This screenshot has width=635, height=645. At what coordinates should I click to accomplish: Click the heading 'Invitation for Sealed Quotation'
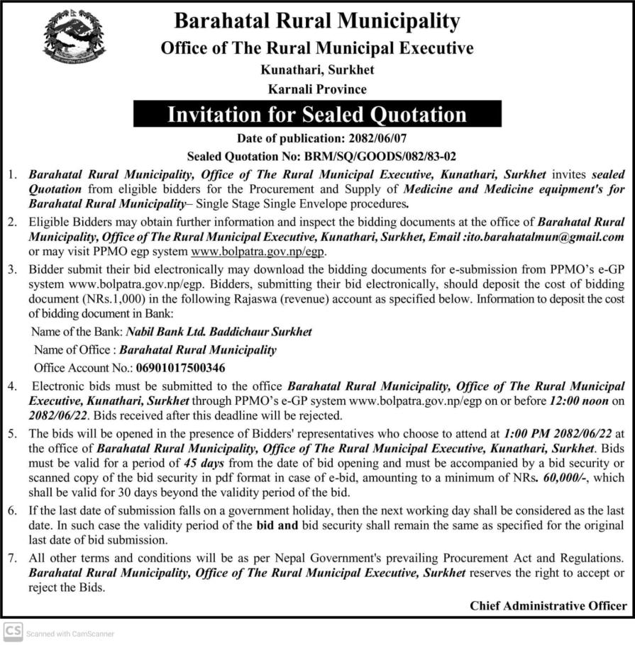tap(316, 115)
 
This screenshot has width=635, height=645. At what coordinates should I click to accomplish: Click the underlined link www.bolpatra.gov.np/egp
tap(260, 252)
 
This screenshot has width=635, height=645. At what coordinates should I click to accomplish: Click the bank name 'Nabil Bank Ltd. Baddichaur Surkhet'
tap(219, 332)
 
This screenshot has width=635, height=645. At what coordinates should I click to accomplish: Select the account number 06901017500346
tap(180, 368)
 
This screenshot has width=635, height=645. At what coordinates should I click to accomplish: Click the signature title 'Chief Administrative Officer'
tap(548, 605)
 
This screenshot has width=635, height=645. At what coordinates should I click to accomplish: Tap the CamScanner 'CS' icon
tap(12, 632)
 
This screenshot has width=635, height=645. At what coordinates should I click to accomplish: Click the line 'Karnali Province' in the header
tap(317, 90)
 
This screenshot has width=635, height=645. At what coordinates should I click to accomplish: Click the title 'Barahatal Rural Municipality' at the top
tap(317, 22)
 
